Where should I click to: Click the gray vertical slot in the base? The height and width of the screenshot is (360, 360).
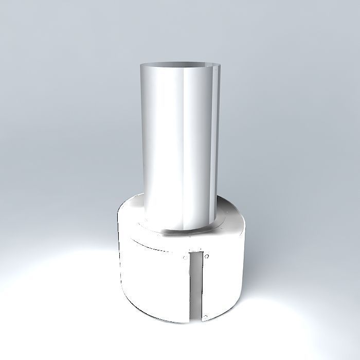pos(195,283)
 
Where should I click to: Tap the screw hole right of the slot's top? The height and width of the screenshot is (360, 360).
pos(206,256)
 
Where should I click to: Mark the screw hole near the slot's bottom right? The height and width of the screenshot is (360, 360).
pos(205,315)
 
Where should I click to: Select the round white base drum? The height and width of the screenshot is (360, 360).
pos(154,278)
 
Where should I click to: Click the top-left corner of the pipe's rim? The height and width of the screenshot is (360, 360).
pos(140,65)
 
